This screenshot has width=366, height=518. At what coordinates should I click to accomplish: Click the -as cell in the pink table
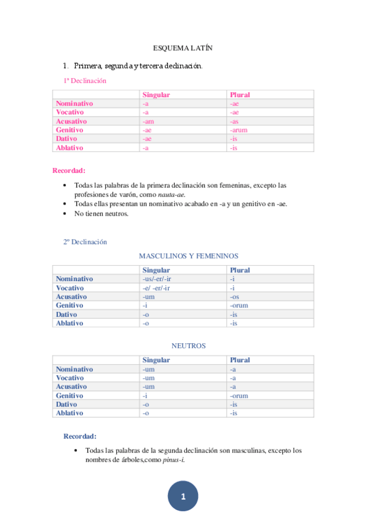pos(234,121)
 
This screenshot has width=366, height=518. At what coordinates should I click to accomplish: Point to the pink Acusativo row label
pos(71,121)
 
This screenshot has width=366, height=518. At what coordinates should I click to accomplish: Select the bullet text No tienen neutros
pos(101,213)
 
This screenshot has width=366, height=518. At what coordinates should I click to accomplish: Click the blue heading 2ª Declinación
pos(85,241)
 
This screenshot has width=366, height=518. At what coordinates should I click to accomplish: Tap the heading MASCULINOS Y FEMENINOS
pos(188,256)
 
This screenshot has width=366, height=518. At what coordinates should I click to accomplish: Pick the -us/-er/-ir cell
pos(156,279)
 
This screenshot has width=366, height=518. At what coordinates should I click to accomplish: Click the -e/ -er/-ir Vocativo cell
pos(155,288)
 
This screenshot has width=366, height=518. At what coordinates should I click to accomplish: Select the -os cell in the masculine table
pos(235,297)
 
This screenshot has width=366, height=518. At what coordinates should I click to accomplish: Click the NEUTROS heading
pos(188,345)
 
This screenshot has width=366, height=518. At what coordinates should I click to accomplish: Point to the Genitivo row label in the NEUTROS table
pos(70,395)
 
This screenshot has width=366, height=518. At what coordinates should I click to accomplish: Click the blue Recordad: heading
pos(80,436)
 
